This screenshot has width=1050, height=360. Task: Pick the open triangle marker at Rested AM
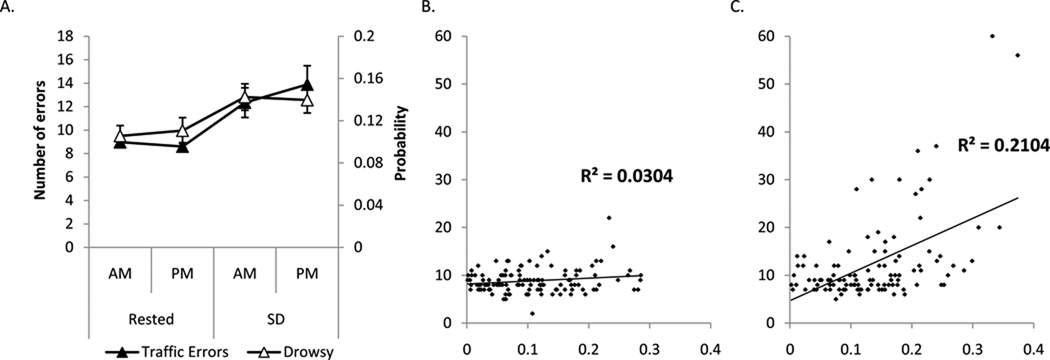(x=120, y=135)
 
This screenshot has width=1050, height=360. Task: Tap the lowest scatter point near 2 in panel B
(x=532, y=313)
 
